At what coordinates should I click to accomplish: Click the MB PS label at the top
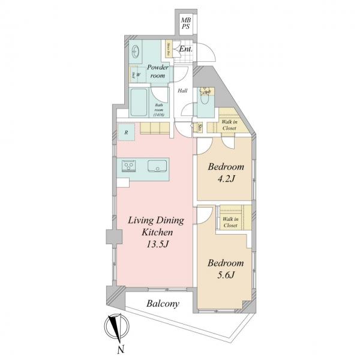[x=187, y=23]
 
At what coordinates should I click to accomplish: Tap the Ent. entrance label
[x=186, y=49]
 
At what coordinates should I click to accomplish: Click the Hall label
[x=182, y=91]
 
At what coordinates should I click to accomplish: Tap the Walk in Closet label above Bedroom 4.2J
[x=230, y=124]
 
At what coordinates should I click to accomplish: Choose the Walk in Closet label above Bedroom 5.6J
[x=230, y=223]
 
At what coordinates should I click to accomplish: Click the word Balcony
[x=163, y=304]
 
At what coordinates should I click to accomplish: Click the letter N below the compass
[x=121, y=349]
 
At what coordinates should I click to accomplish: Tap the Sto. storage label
[x=199, y=127]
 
